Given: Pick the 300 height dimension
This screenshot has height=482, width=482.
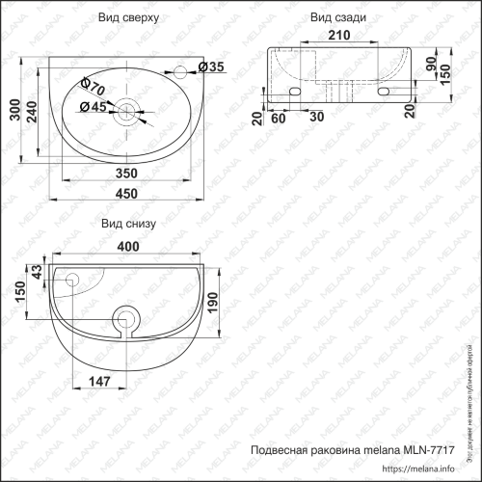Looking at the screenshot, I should coord(13,114).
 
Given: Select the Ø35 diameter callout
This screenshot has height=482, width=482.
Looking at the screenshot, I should coord(212,67).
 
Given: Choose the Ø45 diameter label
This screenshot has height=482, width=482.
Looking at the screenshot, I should coord(90,107).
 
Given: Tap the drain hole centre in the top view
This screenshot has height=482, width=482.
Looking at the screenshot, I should coord(124,112).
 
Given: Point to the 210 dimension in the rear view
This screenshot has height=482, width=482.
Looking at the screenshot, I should coord(336,37).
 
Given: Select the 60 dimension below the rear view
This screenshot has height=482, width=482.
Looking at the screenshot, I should coord(280,119).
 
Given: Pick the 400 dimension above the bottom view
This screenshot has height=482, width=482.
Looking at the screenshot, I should coord(127,247).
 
